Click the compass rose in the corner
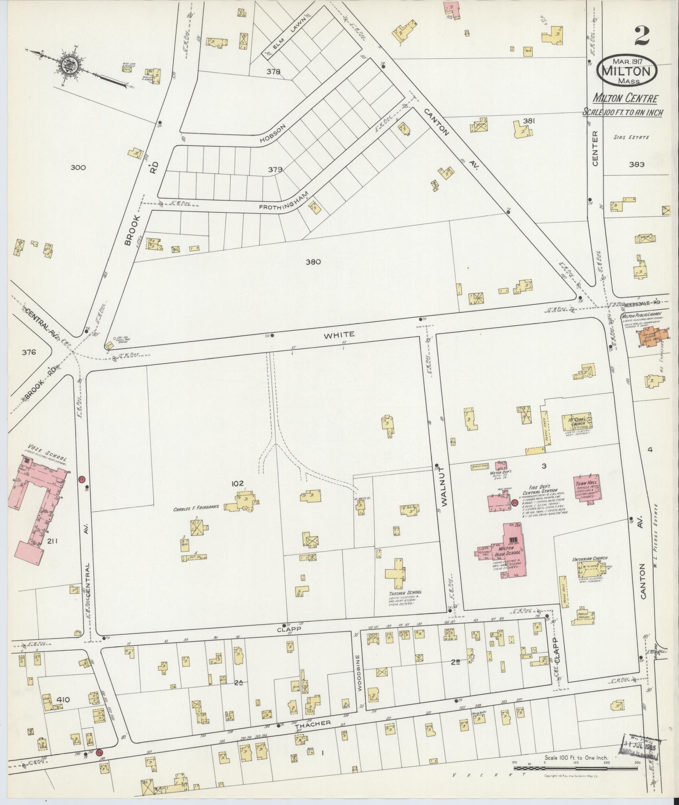[67, 65]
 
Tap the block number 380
[313, 261]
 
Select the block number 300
[78, 167]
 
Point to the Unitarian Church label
[589, 559]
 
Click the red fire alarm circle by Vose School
[82, 479]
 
